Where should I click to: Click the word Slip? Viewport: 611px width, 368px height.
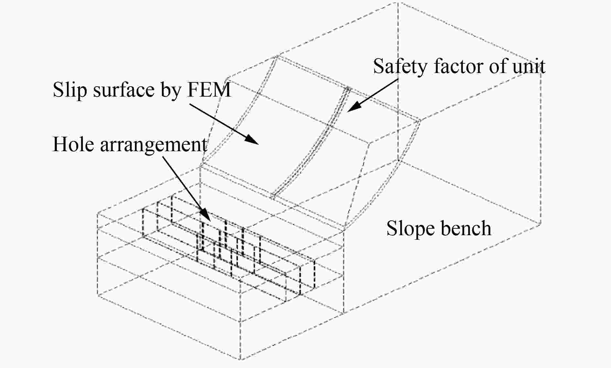[70, 90]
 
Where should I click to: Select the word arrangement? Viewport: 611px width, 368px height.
[153, 145]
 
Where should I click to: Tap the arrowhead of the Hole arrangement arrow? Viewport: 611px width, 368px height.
[208, 218]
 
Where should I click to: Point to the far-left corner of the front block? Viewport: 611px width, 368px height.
[97, 213]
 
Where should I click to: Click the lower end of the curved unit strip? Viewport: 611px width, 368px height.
[274, 196]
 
